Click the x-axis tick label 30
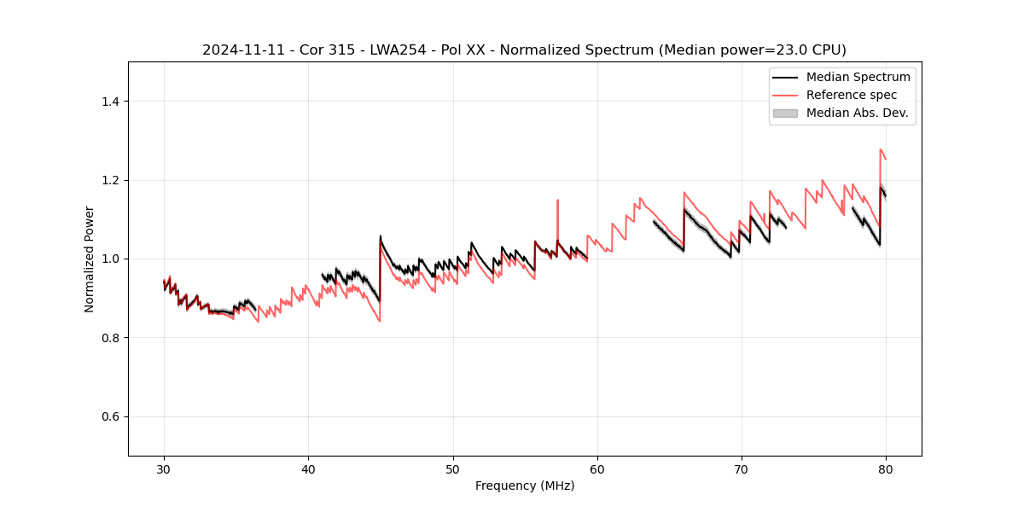tap(164, 468)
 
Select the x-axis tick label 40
tap(308, 468)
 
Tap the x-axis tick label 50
tap(453, 468)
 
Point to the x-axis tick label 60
tap(597, 468)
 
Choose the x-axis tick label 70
tap(742, 468)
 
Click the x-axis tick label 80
tap(886, 468)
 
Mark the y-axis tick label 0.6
tap(112, 416)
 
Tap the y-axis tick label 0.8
tap(112, 338)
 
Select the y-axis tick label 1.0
tap(112, 259)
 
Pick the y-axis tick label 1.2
tap(112, 180)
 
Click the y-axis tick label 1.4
tap(112, 102)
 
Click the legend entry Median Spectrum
tap(858, 77)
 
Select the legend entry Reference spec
tap(851, 95)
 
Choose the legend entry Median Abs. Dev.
tap(857, 113)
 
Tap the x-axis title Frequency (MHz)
tap(525, 486)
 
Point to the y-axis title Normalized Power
tap(90, 259)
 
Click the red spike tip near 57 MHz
tap(557, 201)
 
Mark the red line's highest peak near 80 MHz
tap(880, 149)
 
